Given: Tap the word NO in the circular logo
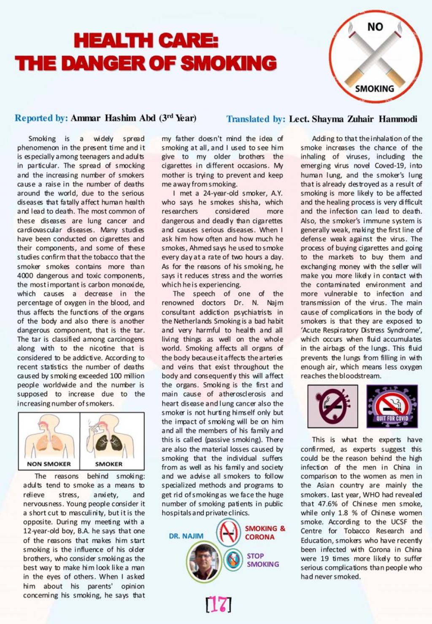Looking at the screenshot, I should tap(375, 27).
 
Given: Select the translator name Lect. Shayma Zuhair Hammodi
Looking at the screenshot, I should tap(353, 119).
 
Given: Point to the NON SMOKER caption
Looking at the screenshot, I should tap(49, 464).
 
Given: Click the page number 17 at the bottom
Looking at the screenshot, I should tap(218, 604).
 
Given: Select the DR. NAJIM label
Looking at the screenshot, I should tap(186, 536).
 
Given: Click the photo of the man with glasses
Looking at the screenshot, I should tap(204, 560).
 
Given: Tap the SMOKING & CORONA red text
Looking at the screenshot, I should tap(265, 532).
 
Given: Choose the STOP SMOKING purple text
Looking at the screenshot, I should tap(262, 560).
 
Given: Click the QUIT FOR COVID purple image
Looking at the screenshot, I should tap(391, 406).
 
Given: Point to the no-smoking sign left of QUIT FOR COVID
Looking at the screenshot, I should tap(332, 406).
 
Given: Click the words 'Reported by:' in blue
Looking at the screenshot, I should tap(41, 118).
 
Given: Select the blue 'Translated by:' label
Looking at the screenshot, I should tap(256, 119).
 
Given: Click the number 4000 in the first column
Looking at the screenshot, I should tap(25, 276).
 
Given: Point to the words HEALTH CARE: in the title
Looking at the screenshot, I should tap(146, 41).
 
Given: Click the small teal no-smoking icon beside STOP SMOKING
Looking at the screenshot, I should tap(233, 559).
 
